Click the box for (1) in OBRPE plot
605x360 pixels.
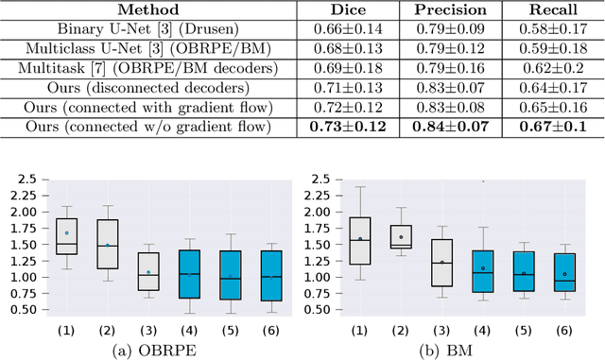tap(66, 237)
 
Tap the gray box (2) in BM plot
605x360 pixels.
tap(401, 236)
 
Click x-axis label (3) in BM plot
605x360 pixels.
tap(441, 330)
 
